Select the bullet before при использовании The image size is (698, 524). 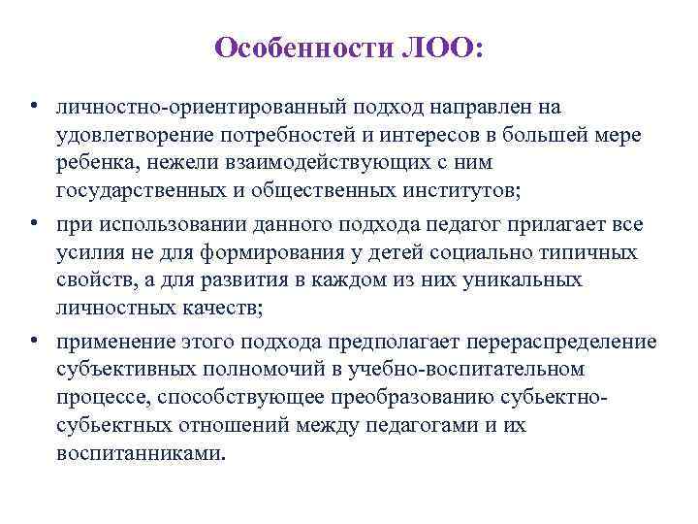click(33, 224)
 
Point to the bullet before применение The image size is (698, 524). click(33, 342)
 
